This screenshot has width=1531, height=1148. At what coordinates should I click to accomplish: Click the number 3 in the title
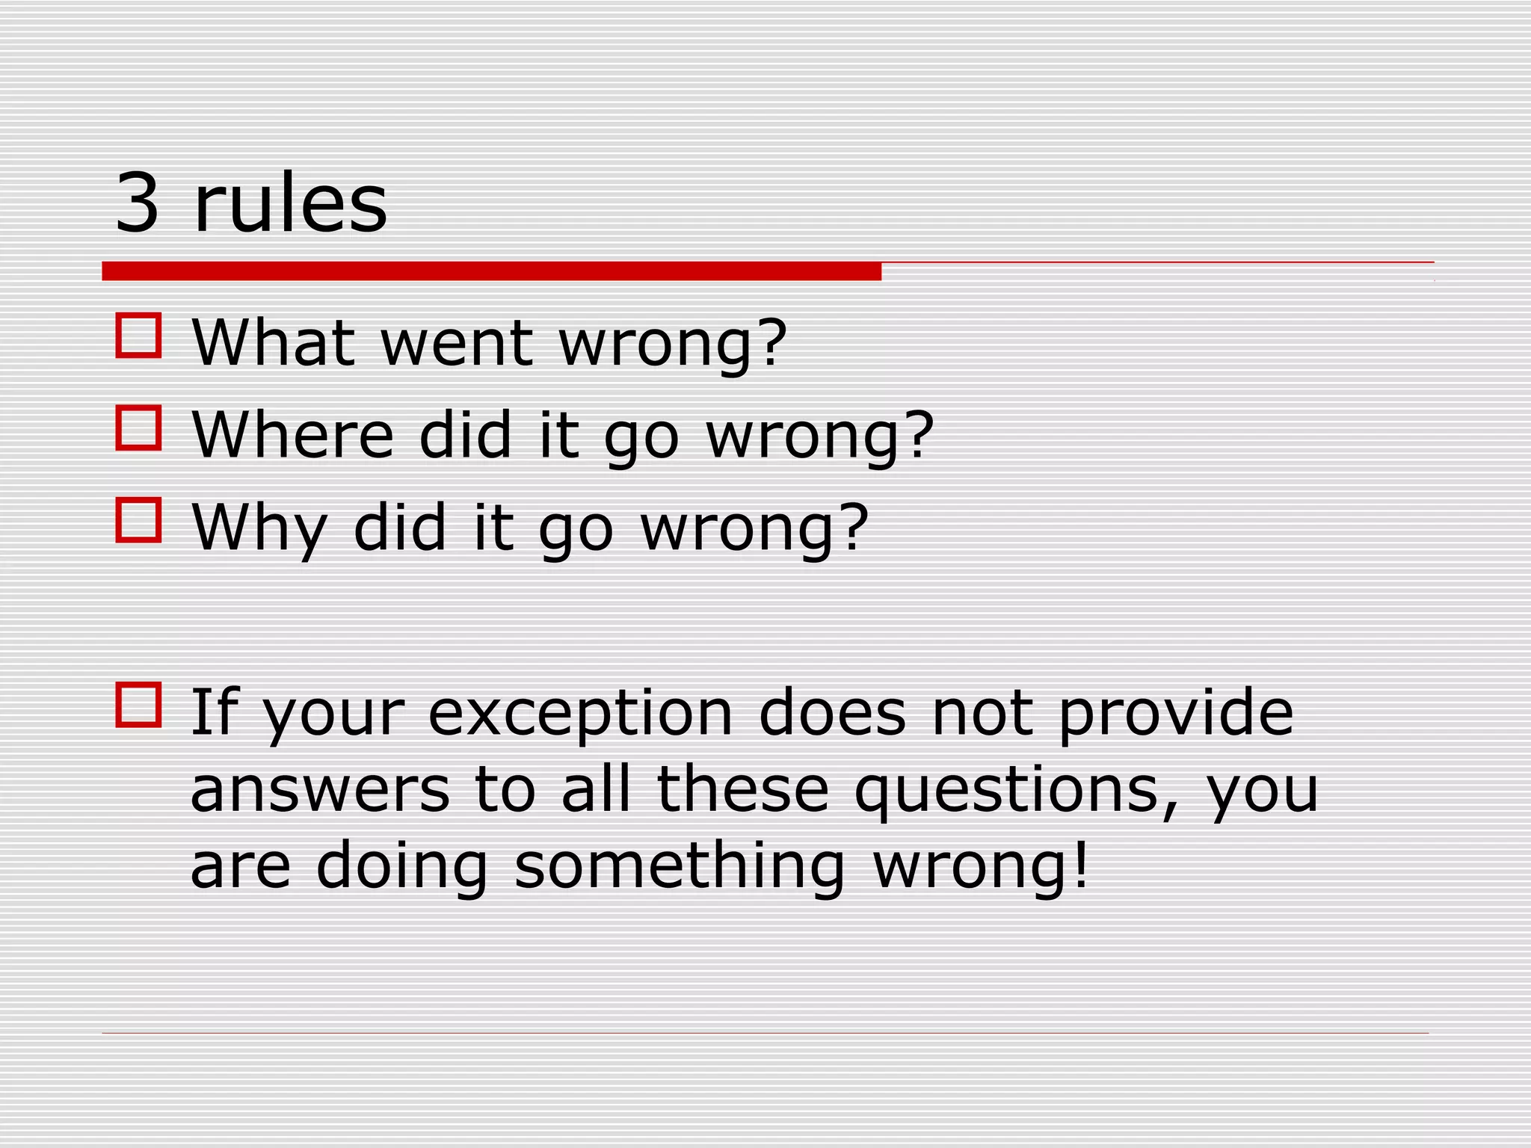pos(138,203)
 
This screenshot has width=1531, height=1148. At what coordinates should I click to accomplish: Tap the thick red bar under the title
pos(491,271)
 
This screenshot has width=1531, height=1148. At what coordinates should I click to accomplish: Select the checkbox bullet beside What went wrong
pos(139,336)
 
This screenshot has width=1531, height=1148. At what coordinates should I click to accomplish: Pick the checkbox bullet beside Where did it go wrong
pos(139,428)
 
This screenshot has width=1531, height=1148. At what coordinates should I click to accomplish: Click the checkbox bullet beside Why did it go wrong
pos(139,520)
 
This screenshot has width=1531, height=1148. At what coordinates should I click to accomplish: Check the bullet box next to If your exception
pos(139,705)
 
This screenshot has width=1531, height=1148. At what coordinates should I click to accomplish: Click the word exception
pos(580,714)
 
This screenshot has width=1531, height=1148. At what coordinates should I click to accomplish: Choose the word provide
pos(1177,714)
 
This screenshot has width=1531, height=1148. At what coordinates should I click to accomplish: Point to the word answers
pos(320,791)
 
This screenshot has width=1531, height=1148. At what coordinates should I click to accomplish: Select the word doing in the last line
pos(401,867)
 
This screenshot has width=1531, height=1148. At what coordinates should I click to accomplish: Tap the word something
pos(680,867)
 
